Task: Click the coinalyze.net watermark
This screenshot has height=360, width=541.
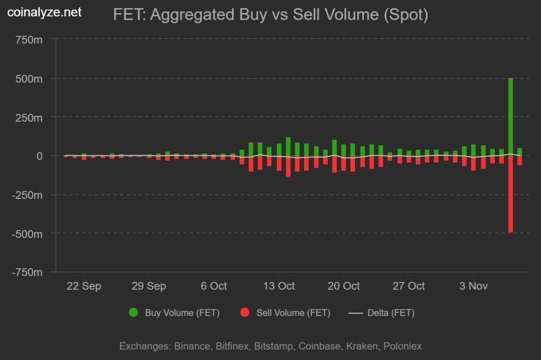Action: [45, 13]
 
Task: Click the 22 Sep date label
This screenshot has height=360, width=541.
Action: [84, 286]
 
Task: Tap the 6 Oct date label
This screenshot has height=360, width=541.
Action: [214, 286]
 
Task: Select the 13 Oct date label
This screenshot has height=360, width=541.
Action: [278, 286]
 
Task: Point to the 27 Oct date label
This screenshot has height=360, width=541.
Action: [409, 286]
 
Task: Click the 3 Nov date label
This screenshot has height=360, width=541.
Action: [473, 286]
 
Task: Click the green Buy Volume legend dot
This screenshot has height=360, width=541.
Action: [134, 313]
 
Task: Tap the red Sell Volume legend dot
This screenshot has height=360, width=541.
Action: [245, 313]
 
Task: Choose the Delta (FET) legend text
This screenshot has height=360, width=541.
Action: [391, 313]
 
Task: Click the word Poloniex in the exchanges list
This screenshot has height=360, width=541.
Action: [402, 346]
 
